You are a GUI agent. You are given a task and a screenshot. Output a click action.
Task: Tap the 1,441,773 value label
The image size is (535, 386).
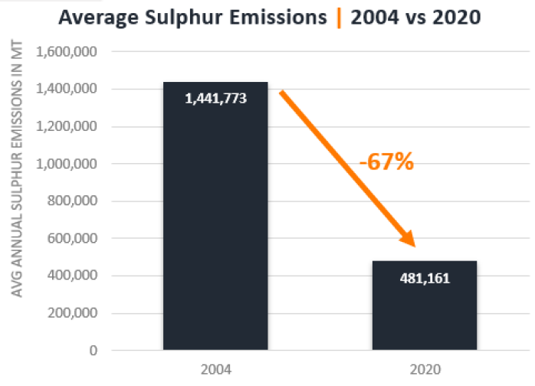(215, 99)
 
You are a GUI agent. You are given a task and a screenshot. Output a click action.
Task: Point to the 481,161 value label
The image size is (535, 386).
(424, 279)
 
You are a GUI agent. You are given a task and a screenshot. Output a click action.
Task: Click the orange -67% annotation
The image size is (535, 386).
(386, 162)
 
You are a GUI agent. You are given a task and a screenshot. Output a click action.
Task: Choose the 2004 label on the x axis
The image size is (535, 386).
(215, 369)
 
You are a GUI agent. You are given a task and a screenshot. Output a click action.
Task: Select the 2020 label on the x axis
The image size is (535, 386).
(424, 369)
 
